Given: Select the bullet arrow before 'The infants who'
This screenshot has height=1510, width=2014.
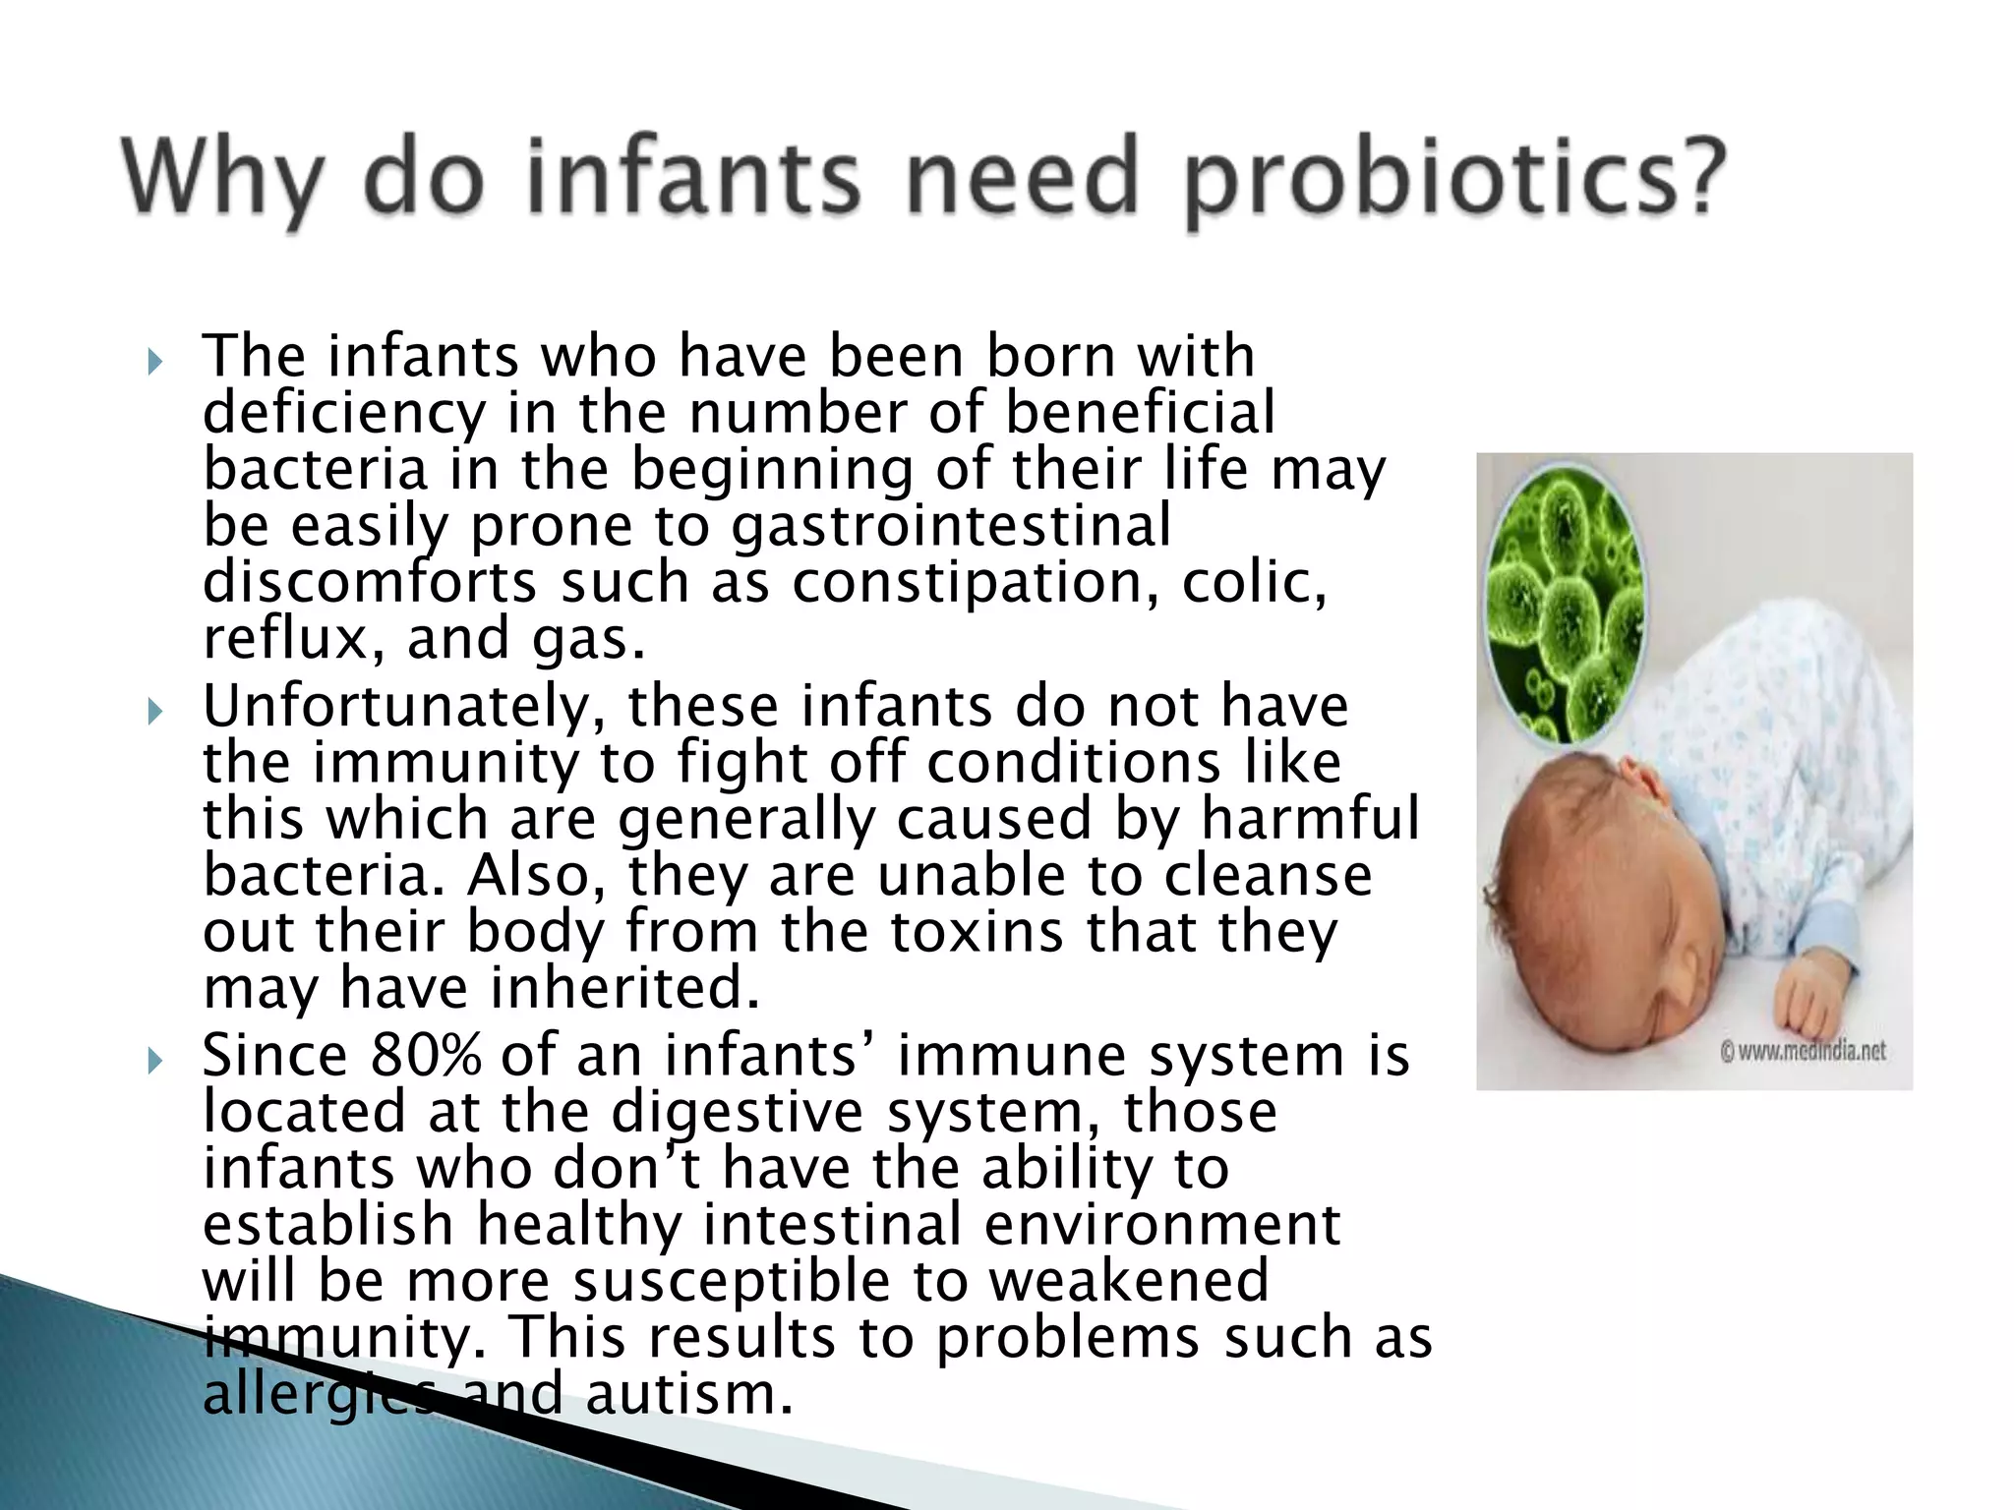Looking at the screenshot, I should click(x=154, y=363).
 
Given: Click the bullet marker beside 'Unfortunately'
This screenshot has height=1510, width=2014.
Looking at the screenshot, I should click(x=154, y=712).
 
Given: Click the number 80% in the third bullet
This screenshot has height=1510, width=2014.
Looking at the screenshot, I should click(x=425, y=1056).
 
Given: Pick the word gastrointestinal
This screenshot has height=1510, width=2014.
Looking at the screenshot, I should click(x=950, y=526).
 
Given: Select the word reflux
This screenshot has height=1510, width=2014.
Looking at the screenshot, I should click(x=284, y=639).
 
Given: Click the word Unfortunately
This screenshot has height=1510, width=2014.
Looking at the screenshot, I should click(x=402, y=707).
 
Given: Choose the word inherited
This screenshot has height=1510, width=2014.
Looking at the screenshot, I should click(x=625, y=988).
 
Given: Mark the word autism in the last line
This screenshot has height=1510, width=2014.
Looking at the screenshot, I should click(x=687, y=1394).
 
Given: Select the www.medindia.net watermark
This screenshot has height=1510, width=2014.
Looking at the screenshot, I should click(x=1804, y=1051).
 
